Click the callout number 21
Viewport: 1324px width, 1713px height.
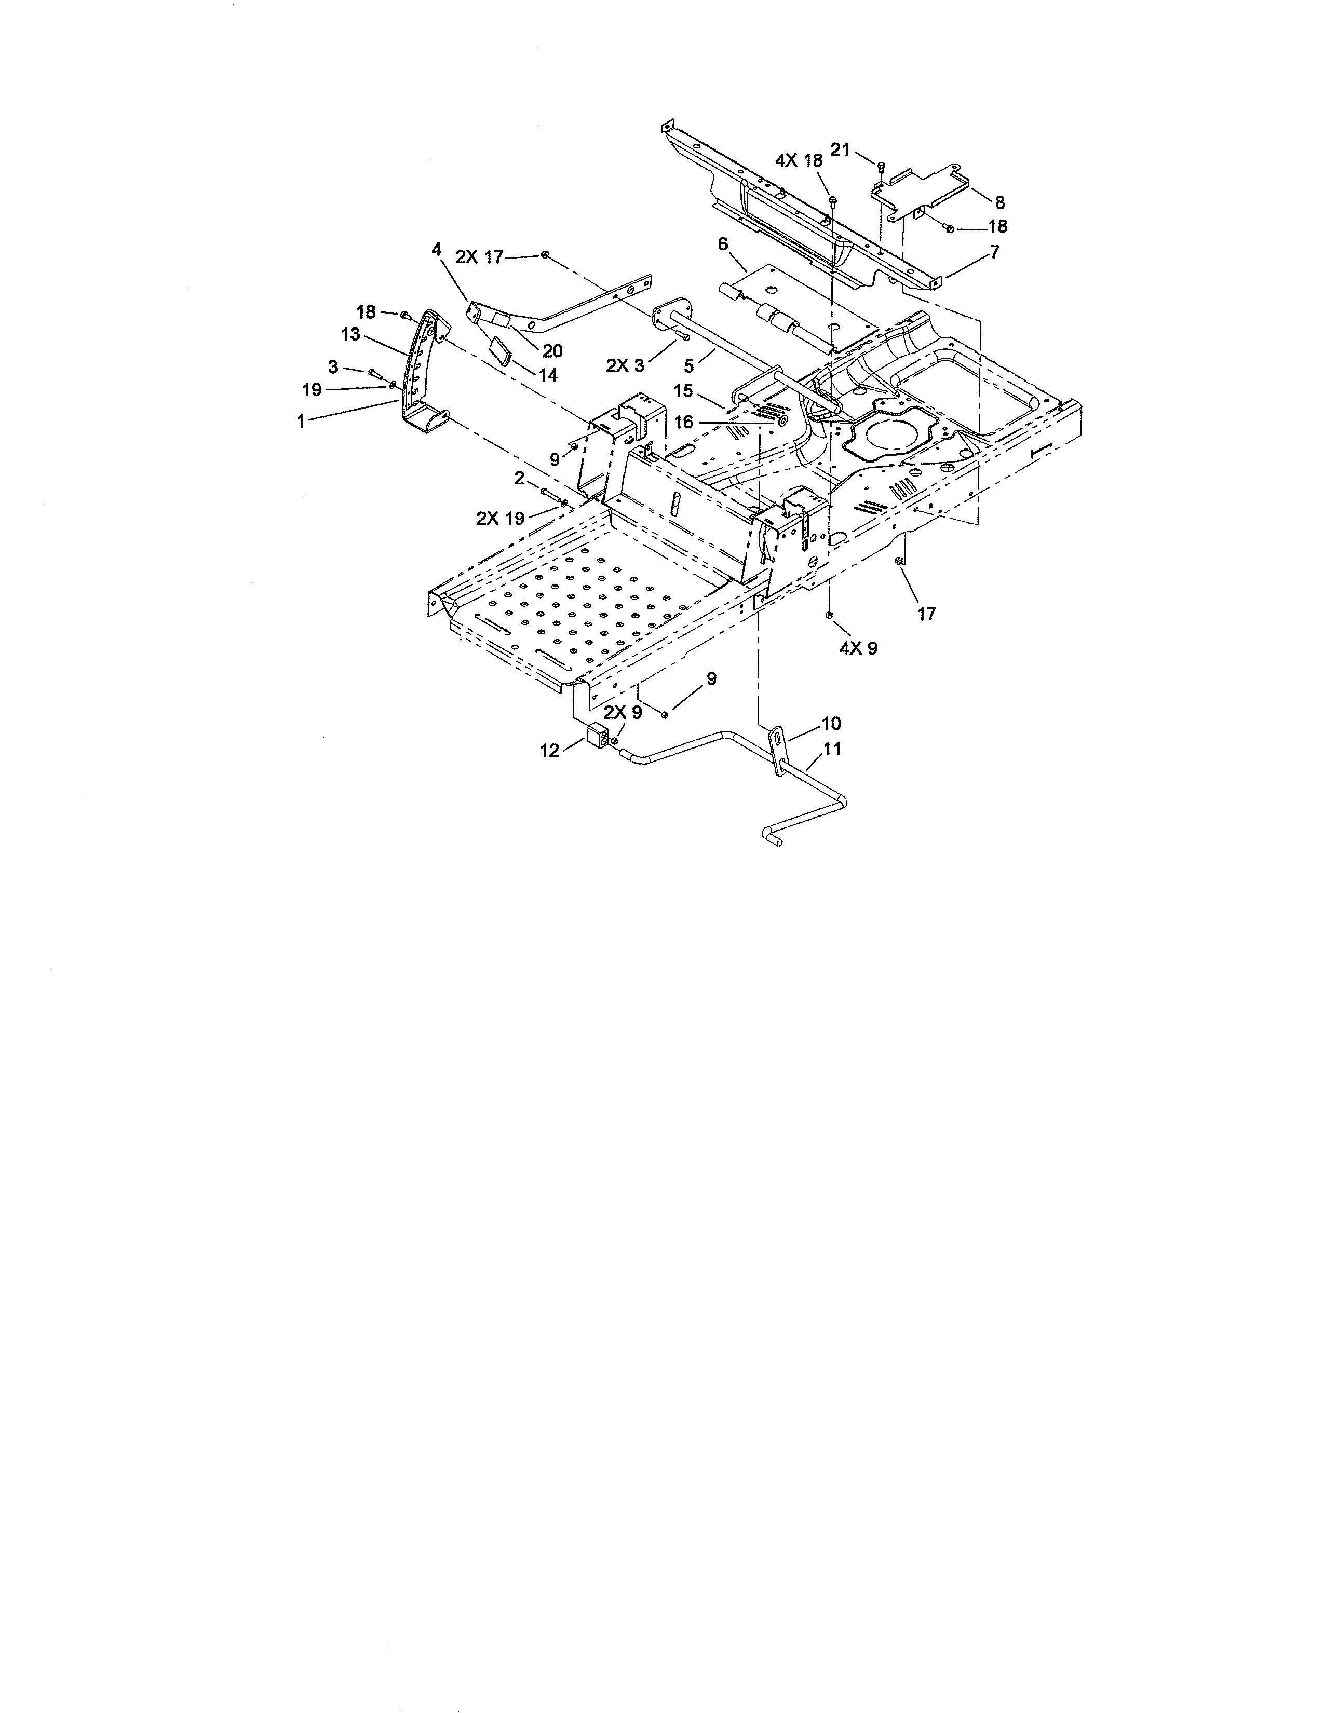[840, 150]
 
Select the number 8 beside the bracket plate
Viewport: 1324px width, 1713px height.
[999, 203]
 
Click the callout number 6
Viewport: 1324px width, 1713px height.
[723, 244]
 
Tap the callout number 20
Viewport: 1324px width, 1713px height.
[552, 350]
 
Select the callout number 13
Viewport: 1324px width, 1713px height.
[350, 334]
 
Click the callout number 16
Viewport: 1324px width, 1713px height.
[684, 423]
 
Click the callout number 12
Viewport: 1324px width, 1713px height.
[550, 751]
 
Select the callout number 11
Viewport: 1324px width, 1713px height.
[832, 749]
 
